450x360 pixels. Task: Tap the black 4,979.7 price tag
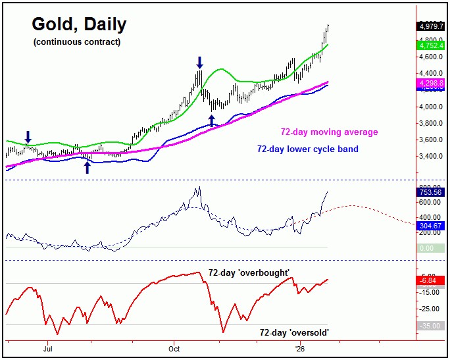[x=430, y=26]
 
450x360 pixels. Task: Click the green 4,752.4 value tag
[x=430, y=46]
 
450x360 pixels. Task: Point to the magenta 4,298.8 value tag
[x=430, y=84]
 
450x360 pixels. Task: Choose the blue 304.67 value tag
[x=430, y=226]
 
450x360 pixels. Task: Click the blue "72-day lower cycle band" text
[x=308, y=149]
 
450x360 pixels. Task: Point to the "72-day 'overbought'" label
[x=249, y=272]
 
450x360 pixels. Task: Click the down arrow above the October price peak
[x=200, y=63]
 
